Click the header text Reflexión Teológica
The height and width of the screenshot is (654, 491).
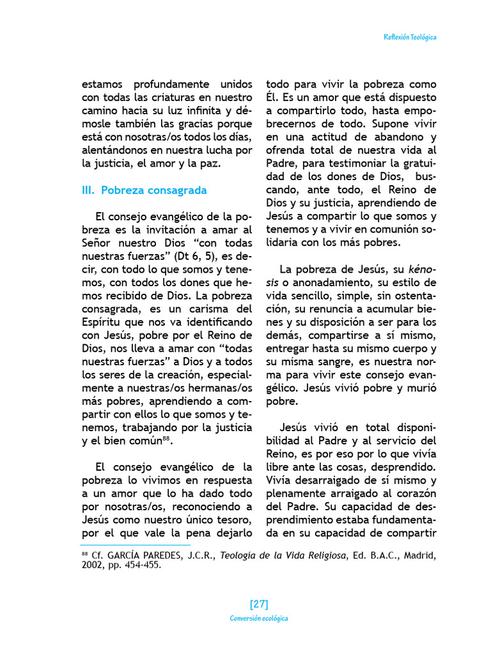tap(410, 38)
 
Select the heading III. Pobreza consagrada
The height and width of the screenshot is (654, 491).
tap(144, 190)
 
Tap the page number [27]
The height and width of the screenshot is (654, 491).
tap(259, 604)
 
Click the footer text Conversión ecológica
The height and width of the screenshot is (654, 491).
tap(259, 618)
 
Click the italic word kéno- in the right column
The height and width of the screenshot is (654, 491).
tap(423, 269)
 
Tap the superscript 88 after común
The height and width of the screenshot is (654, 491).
tap(166, 438)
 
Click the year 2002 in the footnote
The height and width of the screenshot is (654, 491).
tap(93, 566)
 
